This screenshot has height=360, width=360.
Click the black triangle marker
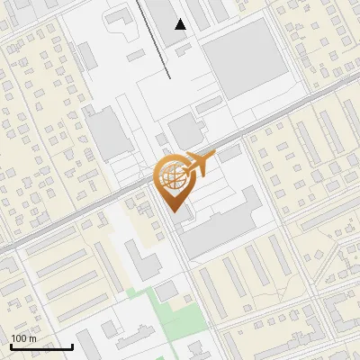181,24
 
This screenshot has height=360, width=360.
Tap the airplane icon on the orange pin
199,163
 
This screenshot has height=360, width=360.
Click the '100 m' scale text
23,338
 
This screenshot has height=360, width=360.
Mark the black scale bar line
41,346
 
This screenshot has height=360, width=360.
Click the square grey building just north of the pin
186,131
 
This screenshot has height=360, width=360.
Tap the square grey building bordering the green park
167,290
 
